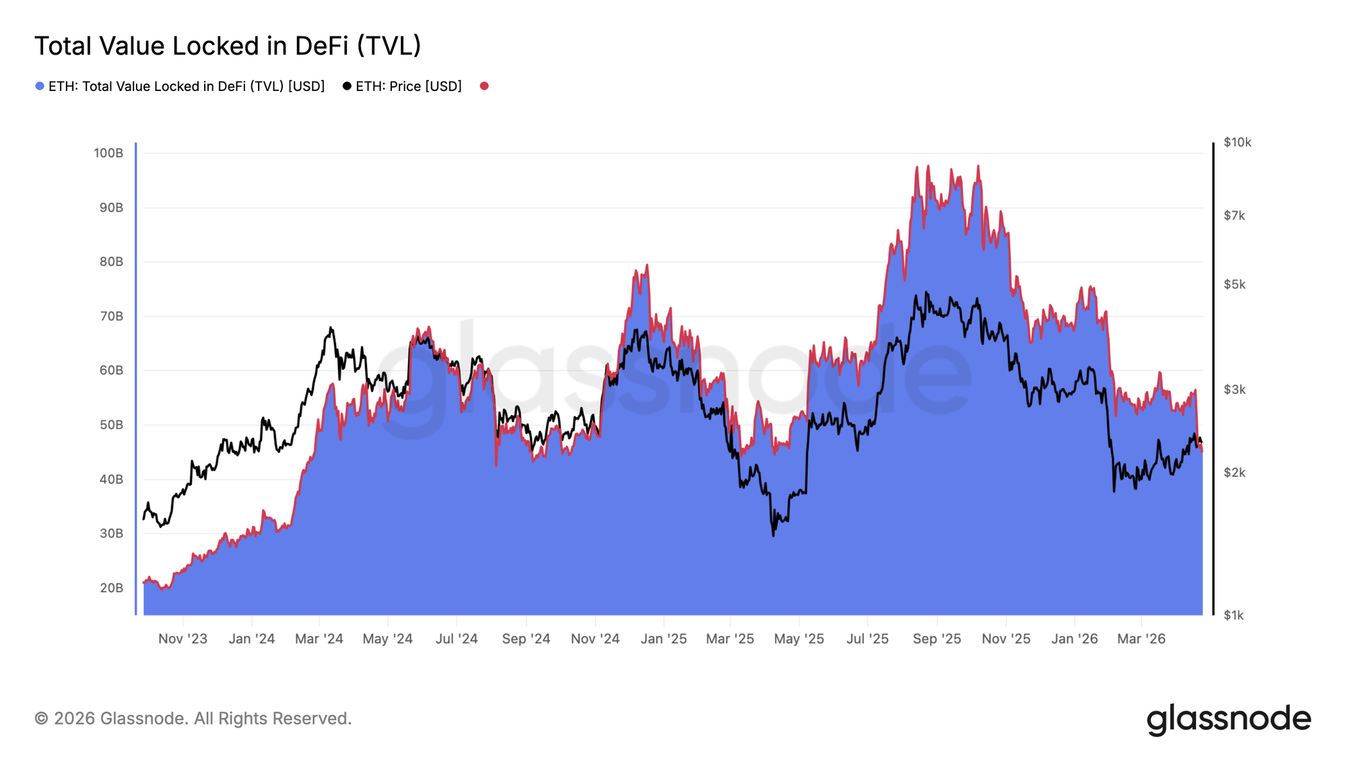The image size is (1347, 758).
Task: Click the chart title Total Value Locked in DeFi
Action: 228,46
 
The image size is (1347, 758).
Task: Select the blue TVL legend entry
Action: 180,86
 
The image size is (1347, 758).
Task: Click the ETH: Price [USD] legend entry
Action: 402,86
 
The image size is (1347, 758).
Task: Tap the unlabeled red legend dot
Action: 484,86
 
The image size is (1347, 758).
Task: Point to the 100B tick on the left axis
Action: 108,153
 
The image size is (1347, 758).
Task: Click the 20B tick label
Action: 111,588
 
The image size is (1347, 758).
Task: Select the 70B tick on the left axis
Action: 111,316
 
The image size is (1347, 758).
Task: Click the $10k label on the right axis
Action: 1237,142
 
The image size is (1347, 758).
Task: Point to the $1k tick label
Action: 1233,615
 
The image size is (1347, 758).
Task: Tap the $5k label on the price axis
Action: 1235,284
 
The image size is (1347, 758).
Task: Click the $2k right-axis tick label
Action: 1235,472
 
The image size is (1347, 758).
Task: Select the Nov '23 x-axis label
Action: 183,639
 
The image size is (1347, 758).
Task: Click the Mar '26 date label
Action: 1141,639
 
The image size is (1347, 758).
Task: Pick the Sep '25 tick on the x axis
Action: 937,639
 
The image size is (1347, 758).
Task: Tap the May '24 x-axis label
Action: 387,639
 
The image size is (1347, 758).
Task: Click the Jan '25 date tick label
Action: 663,639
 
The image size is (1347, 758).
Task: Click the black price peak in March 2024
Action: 331,328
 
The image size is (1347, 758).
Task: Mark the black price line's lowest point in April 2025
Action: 773,535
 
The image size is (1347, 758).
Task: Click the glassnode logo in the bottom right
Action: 1228,719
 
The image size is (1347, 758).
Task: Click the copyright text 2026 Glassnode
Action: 193,718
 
